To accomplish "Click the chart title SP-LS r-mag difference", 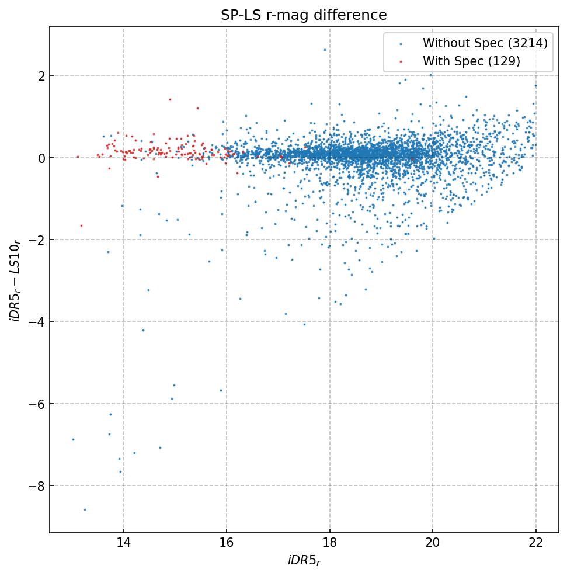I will pos(304,15).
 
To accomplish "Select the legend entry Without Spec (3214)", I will pos(485,43).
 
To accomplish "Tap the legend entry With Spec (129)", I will pos(471,61).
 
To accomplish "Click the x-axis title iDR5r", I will pos(304,561).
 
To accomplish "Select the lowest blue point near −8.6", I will pos(85,509).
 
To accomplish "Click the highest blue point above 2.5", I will pos(325,50).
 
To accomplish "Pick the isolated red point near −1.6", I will pos(81,225).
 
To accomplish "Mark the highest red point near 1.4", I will pos(170,99).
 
